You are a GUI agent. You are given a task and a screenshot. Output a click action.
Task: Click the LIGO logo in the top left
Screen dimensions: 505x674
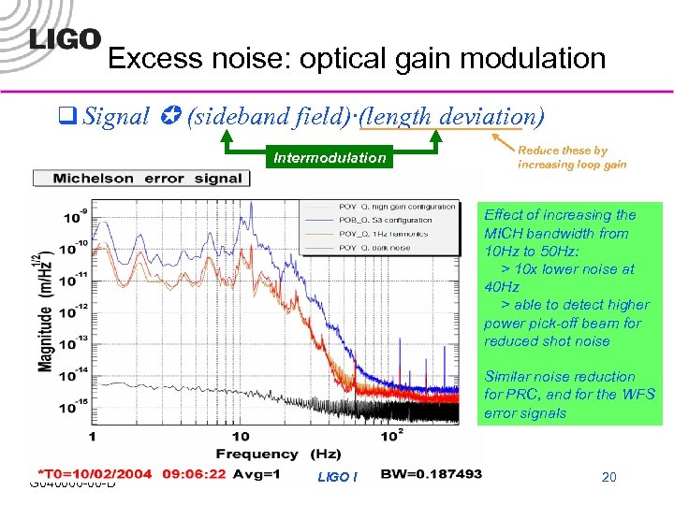65,38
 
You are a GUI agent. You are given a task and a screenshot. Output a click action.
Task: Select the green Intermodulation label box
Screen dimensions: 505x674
329,158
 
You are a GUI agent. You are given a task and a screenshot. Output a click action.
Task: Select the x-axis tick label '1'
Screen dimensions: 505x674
92,437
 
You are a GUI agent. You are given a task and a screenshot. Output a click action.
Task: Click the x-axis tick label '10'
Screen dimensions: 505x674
240,437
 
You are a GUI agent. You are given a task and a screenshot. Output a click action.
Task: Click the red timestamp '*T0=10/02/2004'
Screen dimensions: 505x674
94,473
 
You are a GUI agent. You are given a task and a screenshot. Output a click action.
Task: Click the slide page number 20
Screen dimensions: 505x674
608,478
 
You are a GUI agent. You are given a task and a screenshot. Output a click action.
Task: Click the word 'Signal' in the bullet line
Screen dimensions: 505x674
116,117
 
